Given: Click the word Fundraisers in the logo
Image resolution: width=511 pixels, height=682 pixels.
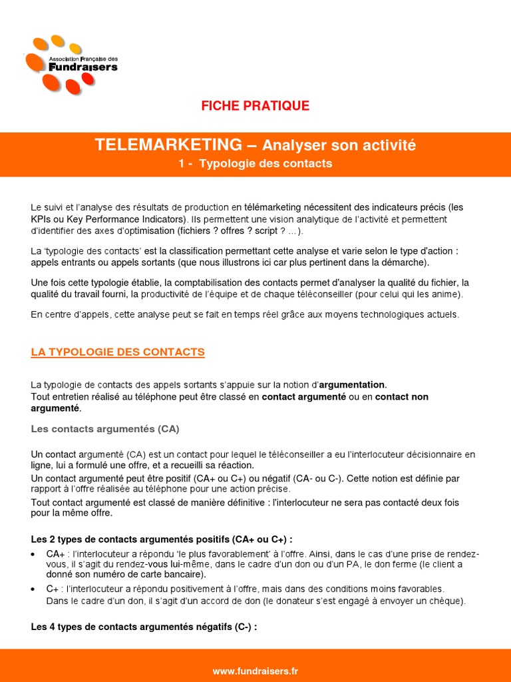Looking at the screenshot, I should coord(83,67).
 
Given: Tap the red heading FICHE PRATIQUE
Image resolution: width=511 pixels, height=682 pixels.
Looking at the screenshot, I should coord(255,106).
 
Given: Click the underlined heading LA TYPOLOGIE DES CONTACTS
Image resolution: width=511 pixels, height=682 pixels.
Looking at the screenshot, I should coord(118,352).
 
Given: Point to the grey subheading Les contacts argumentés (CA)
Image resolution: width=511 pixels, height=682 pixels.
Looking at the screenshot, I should coord(105,429).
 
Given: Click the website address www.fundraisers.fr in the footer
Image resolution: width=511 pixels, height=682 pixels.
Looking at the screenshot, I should coord(255,671).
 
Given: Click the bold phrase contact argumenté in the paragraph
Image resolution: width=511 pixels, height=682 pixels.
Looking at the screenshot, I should coord(303,397).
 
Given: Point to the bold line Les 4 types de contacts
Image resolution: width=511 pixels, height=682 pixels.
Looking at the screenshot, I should coord(144,627).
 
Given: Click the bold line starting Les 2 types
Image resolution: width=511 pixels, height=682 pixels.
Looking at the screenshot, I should coord(162,539).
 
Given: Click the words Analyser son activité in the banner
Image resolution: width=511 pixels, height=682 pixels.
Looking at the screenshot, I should coord(339,145).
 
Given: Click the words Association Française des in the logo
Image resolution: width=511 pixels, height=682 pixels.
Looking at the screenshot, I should coord(83,59).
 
